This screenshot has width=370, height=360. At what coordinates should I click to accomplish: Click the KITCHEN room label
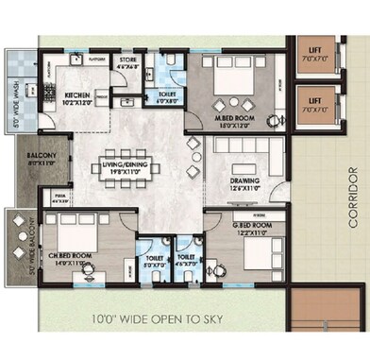[76, 96]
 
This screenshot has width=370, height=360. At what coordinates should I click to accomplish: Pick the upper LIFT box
[313, 55]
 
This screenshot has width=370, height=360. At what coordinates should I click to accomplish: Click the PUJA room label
[59, 200]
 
